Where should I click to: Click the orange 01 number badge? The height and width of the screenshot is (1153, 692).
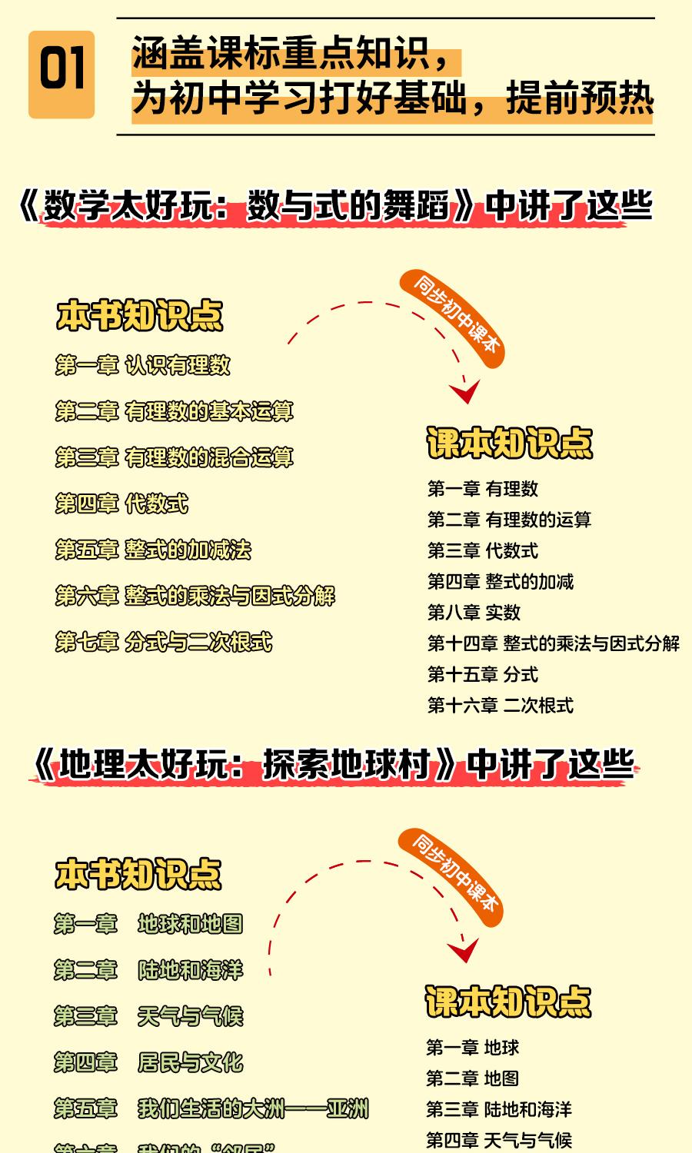tap(62, 75)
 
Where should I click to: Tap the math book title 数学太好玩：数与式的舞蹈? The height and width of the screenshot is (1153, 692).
tap(246, 206)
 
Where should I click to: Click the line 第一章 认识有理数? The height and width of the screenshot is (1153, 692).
tap(143, 365)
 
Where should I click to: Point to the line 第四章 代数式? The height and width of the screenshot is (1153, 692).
tap(121, 504)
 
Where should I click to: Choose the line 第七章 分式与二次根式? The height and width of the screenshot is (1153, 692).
tap(164, 642)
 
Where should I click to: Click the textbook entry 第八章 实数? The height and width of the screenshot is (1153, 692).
tap(474, 613)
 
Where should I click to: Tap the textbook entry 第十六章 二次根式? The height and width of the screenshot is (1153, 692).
tap(501, 706)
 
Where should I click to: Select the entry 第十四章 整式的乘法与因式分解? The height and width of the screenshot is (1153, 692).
tap(553, 643)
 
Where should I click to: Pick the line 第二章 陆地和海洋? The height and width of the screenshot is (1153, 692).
tap(148, 970)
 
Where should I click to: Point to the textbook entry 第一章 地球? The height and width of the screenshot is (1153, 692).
tap(473, 1048)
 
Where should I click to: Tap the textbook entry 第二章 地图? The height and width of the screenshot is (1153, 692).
tap(473, 1078)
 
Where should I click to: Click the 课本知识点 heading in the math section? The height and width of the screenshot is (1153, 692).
tap(510, 444)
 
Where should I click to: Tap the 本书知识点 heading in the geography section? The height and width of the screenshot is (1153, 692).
tap(138, 875)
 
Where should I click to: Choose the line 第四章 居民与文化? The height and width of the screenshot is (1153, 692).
tap(148, 1062)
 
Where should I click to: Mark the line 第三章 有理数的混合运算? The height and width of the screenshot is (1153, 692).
tap(175, 457)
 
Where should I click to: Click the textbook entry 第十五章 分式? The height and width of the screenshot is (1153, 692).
tap(483, 675)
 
